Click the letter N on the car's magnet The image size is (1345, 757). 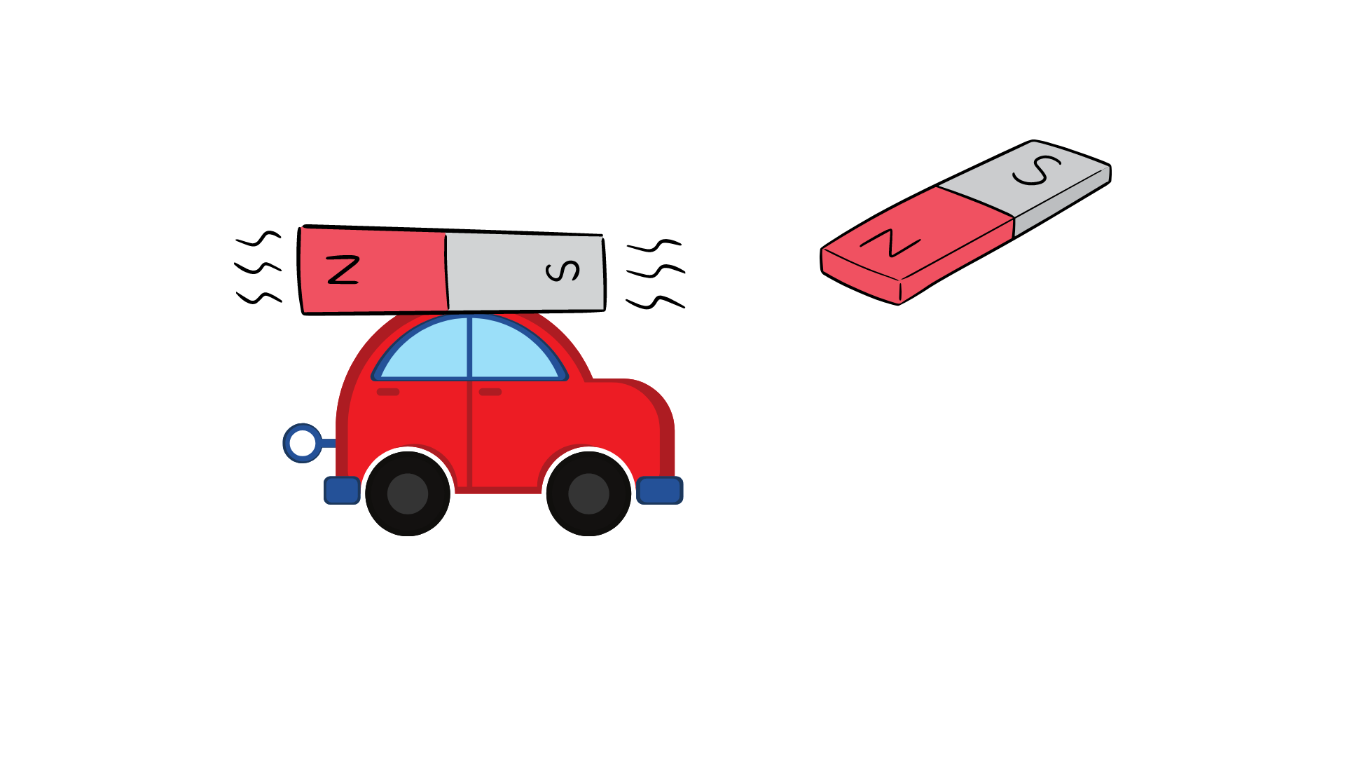tap(343, 270)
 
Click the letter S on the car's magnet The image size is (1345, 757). tap(563, 271)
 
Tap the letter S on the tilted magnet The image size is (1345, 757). tap(1037, 170)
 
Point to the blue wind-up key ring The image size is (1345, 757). tap(303, 443)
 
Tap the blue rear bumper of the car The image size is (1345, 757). tap(342, 490)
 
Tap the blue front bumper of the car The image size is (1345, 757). tap(659, 490)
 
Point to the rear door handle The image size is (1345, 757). tap(388, 392)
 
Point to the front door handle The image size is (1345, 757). tap(490, 392)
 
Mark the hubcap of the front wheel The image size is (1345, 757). tap(588, 493)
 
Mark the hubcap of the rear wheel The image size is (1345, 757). tap(408, 493)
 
